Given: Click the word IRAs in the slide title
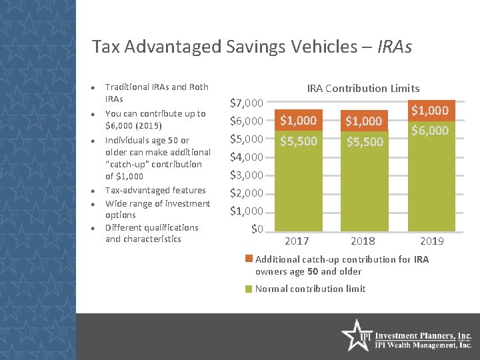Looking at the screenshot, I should pos(394,47).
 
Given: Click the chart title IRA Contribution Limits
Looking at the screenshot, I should pos(363,88).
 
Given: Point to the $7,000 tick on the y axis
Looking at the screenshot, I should pos(247,103).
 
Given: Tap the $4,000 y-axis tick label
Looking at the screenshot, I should pos(247,157).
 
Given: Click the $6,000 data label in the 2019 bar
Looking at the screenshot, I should pos(430,131).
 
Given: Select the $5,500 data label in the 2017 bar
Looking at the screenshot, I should pos(298,141).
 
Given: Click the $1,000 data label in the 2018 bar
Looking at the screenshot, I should pos(363,121).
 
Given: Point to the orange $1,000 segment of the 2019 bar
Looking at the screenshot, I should pos(430,110).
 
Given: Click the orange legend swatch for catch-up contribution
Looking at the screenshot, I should pos(249,259).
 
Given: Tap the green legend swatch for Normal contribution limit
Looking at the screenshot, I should pos(249,289).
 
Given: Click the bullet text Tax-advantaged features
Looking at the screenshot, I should pos(154,191).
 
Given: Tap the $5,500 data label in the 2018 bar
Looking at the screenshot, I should pos(363,142).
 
